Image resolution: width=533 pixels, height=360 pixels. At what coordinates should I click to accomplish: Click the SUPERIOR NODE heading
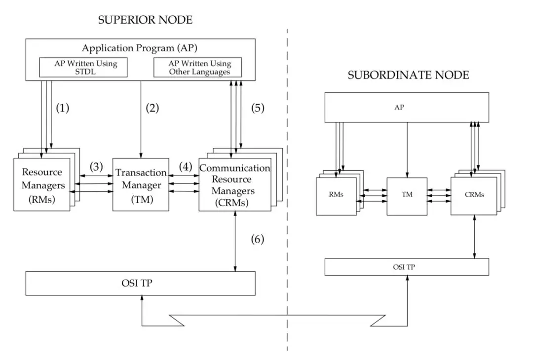(145, 20)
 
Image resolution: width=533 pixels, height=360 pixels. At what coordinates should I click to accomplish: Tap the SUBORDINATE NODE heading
(408, 75)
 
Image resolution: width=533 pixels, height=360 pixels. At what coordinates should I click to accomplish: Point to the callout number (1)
(63, 108)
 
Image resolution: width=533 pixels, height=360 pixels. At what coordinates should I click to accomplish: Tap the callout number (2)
(152, 108)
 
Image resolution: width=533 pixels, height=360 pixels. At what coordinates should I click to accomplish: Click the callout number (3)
(96, 166)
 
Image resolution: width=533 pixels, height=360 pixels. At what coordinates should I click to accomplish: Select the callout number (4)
(186, 166)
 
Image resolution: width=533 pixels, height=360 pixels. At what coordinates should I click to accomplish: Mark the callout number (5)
(258, 108)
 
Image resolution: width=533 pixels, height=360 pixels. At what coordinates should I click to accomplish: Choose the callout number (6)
(257, 239)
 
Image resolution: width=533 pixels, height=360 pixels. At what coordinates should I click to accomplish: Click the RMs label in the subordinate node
(336, 194)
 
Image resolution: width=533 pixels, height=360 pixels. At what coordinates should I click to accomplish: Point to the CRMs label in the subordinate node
(474, 195)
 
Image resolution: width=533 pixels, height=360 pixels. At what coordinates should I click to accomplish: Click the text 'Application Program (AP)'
(139, 48)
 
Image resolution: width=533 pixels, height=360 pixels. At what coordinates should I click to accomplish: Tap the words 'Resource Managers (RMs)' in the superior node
(43, 185)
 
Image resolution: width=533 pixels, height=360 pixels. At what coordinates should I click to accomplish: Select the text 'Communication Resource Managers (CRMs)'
(234, 185)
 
